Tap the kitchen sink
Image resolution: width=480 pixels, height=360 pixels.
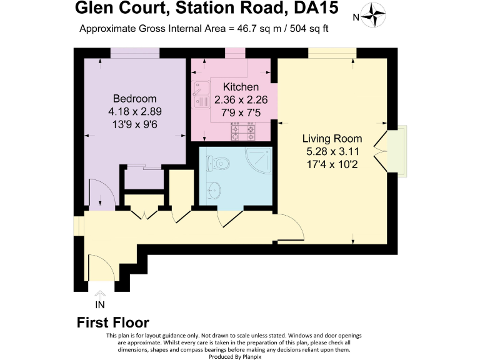(x=202, y=94)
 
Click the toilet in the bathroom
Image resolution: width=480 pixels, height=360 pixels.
(x=217, y=164)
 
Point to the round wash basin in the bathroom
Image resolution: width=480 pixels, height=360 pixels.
(x=213, y=188)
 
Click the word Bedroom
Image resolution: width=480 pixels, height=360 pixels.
(x=134, y=99)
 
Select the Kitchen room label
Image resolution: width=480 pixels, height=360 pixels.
(x=232, y=87)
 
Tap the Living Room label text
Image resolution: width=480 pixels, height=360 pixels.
(x=332, y=138)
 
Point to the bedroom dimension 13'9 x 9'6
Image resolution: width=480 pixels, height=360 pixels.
(x=134, y=125)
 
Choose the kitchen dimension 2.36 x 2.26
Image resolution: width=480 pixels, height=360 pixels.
(x=232, y=100)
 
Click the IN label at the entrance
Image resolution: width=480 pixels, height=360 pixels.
(x=99, y=305)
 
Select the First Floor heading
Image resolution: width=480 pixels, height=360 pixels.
(x=112, y=322)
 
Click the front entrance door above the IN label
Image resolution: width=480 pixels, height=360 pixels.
(x=101, y=269)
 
